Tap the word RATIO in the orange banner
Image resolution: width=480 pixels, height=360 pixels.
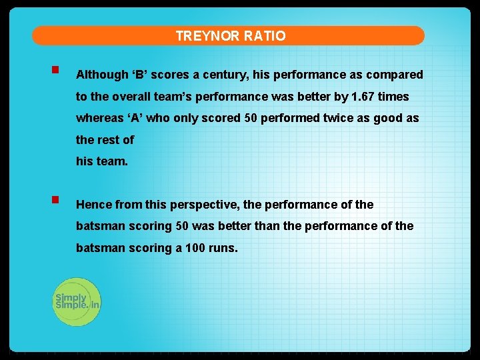point(265,36)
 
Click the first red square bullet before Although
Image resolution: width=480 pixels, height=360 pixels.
point(54,69)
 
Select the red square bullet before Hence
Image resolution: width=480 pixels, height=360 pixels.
point(54,199)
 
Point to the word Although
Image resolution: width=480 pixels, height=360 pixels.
point(102,75)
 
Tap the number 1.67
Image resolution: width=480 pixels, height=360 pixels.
point(363,97)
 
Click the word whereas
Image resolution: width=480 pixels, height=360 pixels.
point(99,118)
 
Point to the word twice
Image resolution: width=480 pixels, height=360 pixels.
point(347,118)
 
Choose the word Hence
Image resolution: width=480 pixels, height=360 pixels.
point(94,205)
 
